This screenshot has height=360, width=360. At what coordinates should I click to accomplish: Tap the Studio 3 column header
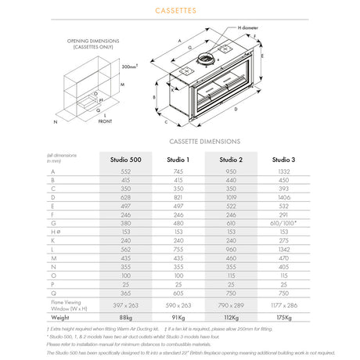pyautogui.click(x=283, y=160)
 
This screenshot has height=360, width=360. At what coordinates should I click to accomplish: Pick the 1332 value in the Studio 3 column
pyautogui.click(x=283, y=171)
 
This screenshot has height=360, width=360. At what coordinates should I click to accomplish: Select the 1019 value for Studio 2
pyautogui.click(x=229, y=197)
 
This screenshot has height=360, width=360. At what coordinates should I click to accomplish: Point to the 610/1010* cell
pyautogui.click(x=283, y=222)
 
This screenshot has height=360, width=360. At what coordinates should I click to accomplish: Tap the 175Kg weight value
pyautogui.click(x=283, y=317)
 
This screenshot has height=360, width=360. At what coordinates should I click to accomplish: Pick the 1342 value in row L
pyautogui.click(x=283, y=248)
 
